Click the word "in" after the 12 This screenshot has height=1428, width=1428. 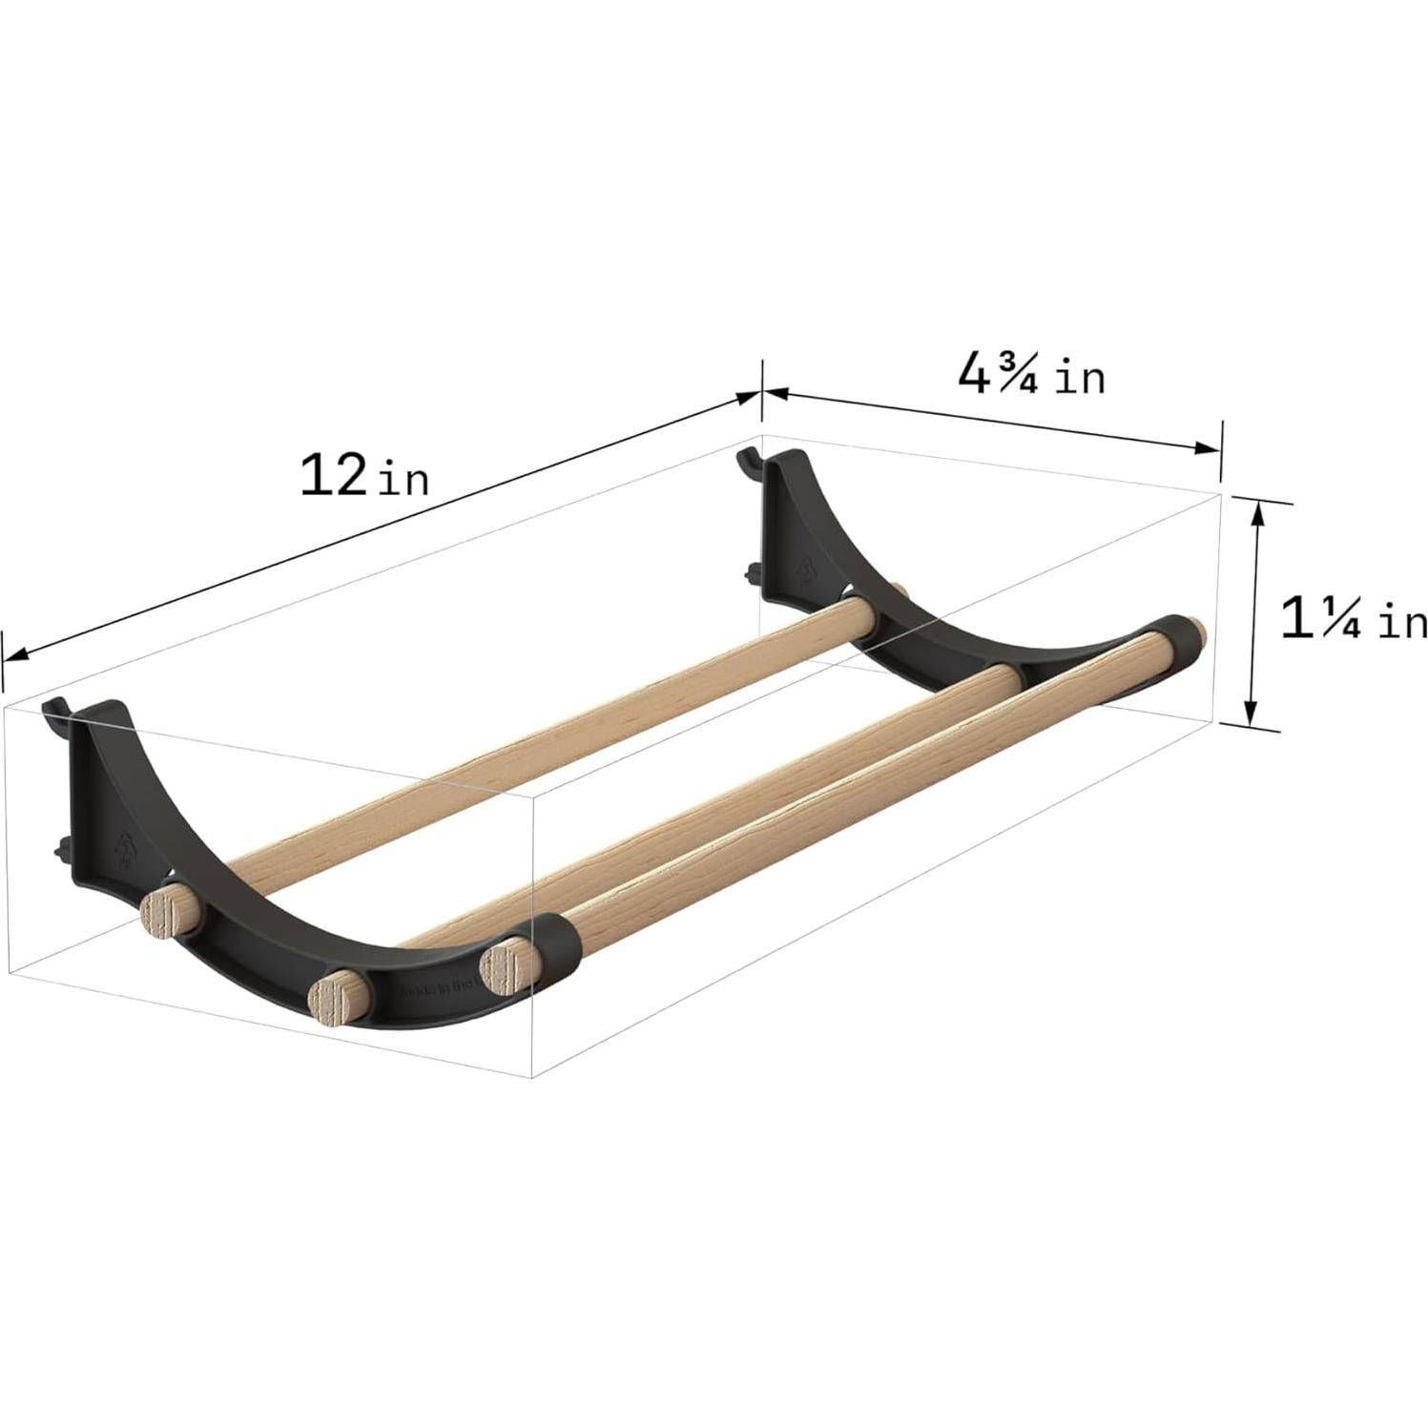[x=404, y=480]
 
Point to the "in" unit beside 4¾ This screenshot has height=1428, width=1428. [x=1080, y=380]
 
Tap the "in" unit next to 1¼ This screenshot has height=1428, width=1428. [x=1397, y=623]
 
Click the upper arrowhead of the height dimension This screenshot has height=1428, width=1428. [x=1257, y=512]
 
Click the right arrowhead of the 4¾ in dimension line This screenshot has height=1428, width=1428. [x=1210, y=447]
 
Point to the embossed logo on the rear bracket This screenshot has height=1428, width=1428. [x=808, y=570]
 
